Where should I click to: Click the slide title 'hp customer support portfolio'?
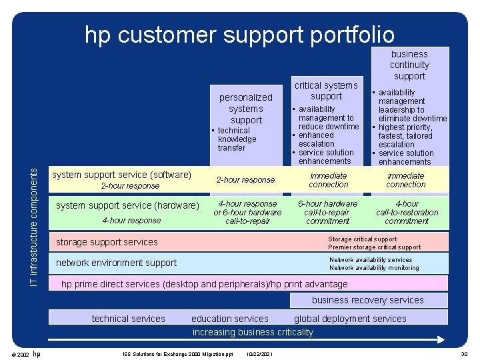point(239,34)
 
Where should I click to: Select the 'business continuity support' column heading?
point(409,65)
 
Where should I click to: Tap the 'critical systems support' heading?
point(326,91)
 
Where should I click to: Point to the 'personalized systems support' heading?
point(246,109)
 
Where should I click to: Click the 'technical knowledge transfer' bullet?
point(236,139)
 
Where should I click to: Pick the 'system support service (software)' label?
point(122,175)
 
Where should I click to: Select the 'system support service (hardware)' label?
point(127,205)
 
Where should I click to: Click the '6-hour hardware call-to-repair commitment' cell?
point(328,212)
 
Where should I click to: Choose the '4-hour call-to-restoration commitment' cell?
point(407,212)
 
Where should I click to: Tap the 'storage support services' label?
point(107,242)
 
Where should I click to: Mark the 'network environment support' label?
point(116,263)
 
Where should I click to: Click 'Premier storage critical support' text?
point(375,247)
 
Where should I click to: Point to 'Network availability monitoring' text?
point(374,268)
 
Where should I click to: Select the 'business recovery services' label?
point(367,300)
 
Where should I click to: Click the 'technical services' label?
point(128,319)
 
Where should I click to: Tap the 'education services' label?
point(230,319)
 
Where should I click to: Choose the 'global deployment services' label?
point(350,319)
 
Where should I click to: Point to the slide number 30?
point(464,353)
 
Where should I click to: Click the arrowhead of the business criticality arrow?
point(441,339)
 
